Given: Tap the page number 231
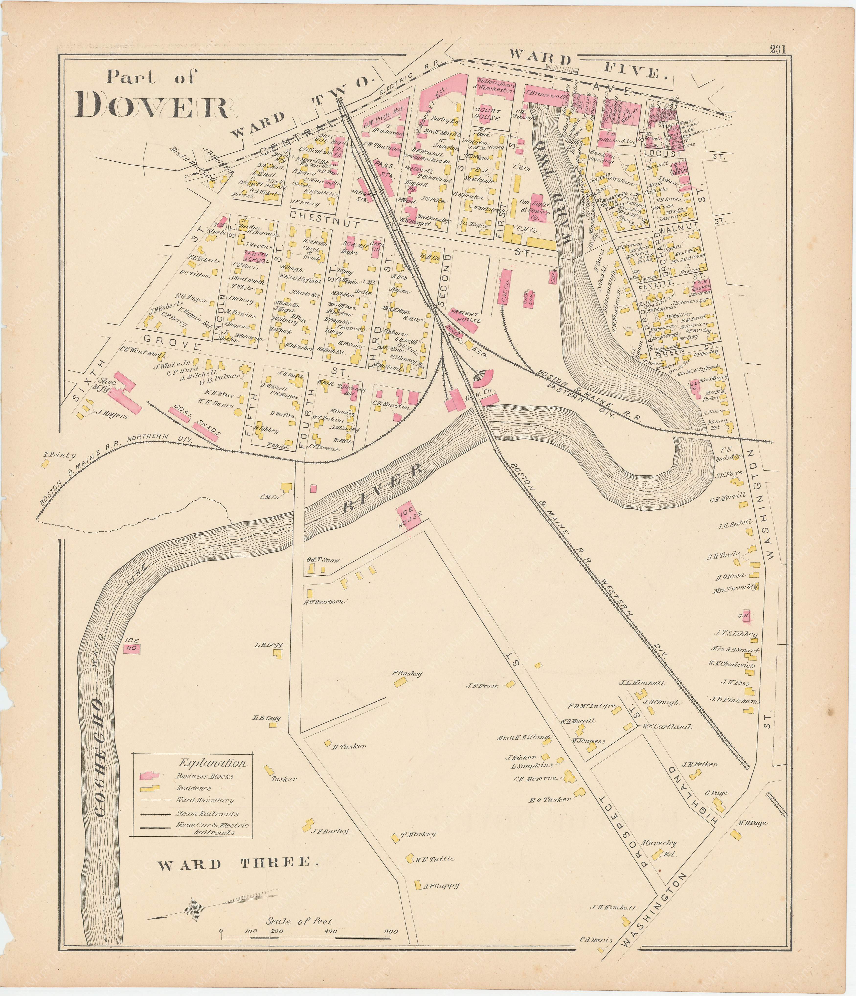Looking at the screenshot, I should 777,49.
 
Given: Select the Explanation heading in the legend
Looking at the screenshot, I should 212,762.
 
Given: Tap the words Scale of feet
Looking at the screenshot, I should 299,921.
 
